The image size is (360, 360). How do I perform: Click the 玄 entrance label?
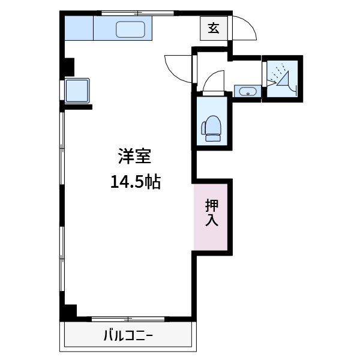[213, 28]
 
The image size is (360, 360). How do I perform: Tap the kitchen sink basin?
[131, 28]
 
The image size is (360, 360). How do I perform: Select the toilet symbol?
[212, 128]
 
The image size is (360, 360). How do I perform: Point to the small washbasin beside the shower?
[247, 92]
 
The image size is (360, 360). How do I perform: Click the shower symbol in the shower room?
[281, 79]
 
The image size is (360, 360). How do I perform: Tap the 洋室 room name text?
[134, 158]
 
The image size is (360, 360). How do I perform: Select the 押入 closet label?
[212, 212]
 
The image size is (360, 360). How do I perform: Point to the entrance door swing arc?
[244, 26]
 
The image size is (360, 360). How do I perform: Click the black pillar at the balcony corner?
[69, 313]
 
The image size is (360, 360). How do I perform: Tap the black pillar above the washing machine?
[67, 66]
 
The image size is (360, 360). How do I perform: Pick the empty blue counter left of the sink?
[79, 28]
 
